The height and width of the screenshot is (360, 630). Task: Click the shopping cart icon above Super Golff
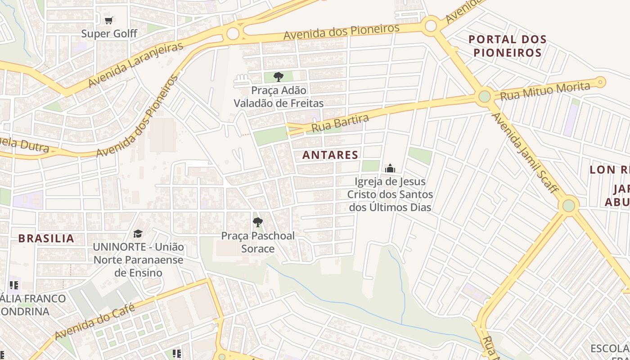coord(108,20)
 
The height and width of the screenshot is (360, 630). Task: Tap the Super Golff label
coord(109,34)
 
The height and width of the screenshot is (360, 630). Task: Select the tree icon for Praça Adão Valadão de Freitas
coord(279,76)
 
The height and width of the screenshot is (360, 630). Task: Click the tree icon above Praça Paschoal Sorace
coord(258,222)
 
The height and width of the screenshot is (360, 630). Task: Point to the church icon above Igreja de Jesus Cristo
coord(390,168)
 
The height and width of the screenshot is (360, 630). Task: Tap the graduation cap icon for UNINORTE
coord(138,234)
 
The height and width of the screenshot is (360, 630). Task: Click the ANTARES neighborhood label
coord(330,155)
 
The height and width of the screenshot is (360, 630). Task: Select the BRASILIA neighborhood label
coord(46,238)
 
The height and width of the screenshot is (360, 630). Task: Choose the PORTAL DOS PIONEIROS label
coord(508,46)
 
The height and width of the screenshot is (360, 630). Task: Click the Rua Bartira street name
coord(340,124)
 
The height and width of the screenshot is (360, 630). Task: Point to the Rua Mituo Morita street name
coord(545,91)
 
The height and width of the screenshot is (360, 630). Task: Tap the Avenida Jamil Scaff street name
coord(525,153)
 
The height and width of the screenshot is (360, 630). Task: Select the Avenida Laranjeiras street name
coord(136,65)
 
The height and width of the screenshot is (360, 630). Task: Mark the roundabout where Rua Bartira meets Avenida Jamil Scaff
coord(484,96)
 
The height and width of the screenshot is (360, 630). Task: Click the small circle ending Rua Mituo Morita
coord(600,82)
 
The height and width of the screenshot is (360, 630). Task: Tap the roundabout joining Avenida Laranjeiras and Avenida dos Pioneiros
coord(233,33)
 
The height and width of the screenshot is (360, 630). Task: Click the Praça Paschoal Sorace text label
coord(258,242)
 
